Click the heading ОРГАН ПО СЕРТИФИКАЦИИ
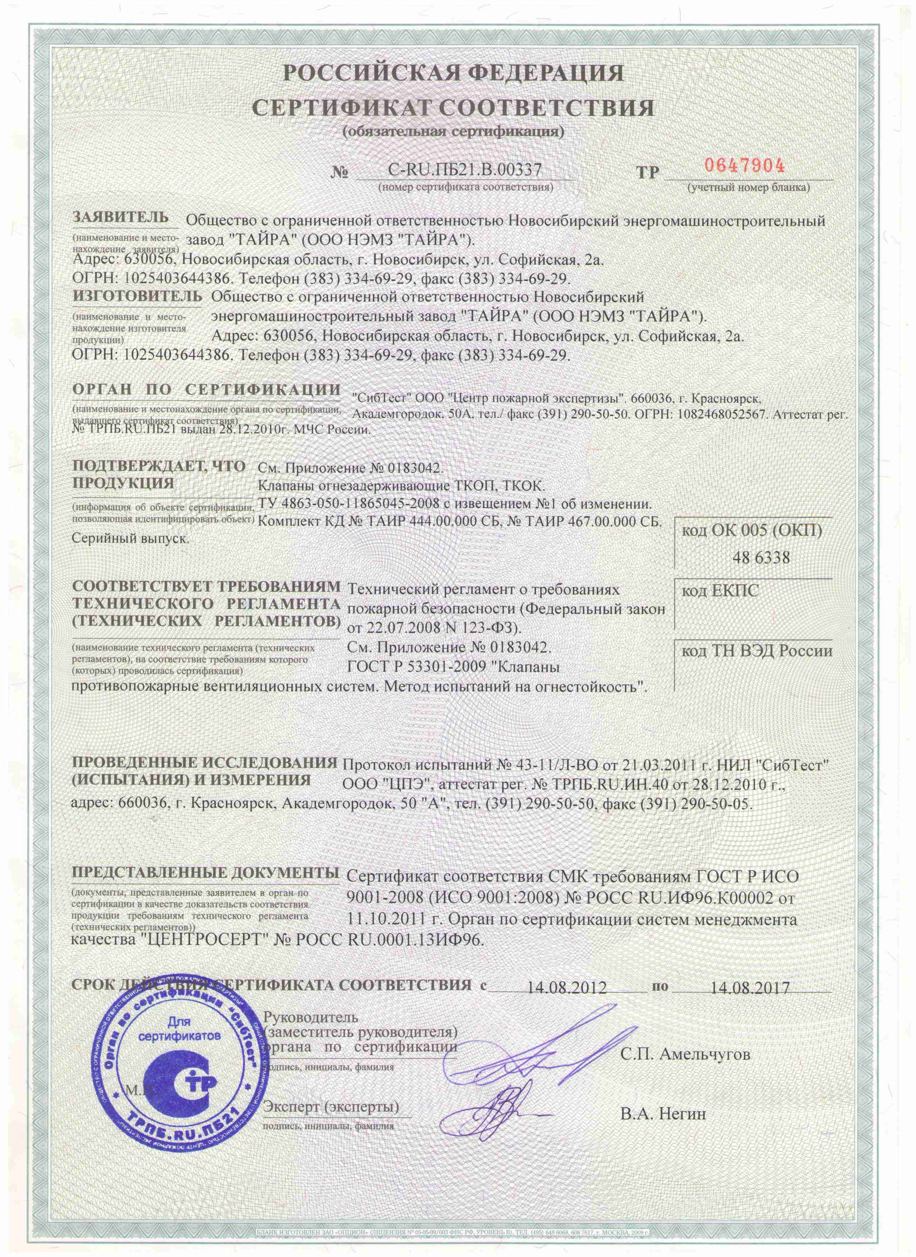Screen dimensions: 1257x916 pos(206,389)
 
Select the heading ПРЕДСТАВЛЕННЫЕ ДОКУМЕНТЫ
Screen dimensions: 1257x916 pos(205,872)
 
